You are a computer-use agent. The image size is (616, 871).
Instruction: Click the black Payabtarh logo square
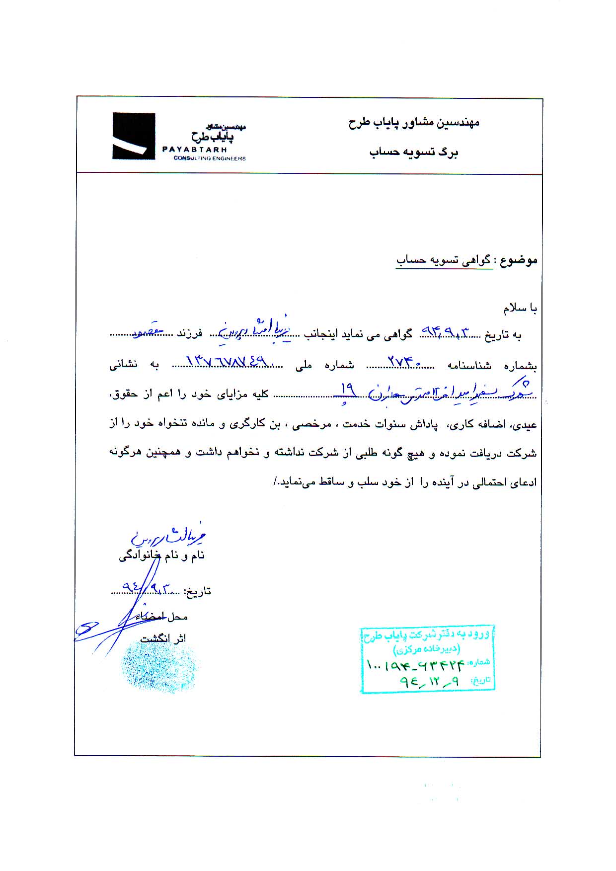click(134, 136)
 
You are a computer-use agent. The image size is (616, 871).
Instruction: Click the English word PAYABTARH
click(194, 150)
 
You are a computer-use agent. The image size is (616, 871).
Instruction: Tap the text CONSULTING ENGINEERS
click(209, 158)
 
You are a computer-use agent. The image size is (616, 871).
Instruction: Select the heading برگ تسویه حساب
click(413, 152)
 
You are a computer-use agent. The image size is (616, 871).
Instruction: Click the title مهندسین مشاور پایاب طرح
click(413, 122)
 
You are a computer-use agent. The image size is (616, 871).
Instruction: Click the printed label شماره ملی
click(325, 366)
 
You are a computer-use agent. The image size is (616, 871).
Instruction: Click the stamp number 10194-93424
click(415, 663)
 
